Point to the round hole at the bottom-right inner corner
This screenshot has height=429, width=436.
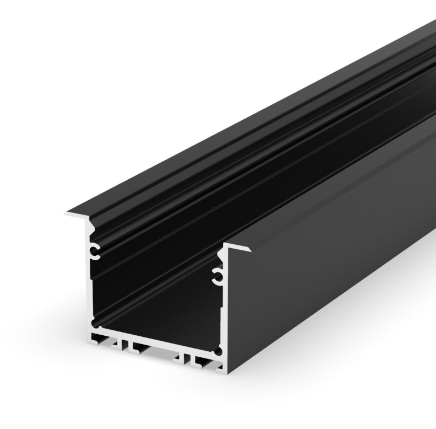pos(219,351)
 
